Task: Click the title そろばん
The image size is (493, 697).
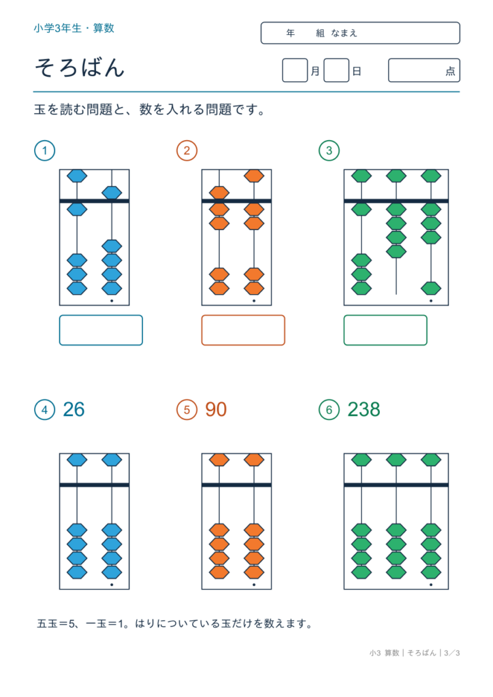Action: coord(80,68)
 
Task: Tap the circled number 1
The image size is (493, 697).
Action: coord(44,150)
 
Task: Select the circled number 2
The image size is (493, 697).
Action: coord(187,150)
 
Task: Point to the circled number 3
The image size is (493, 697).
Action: coord(329,150)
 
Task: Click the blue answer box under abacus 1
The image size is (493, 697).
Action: coord(101,330)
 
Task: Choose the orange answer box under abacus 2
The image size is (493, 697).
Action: coord(243,330)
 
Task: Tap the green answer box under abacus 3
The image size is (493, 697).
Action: coord(385,330)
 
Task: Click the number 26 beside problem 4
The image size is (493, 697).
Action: coord(74,409)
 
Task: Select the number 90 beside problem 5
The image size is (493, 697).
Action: coord(216,409)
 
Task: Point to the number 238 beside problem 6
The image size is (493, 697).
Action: coord(364,409)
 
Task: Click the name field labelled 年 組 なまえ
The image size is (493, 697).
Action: coord(360,33)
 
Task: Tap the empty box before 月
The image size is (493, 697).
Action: coord(295,70)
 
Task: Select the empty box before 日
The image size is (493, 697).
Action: coord(336,70)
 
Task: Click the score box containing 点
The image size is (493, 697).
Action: coord(424,70)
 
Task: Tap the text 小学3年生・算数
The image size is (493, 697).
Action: coord(74,29)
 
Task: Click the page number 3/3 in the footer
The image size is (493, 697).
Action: coord(451,653)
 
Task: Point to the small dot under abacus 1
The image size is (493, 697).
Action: coord(112,301)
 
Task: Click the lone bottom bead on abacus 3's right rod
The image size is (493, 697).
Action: coord(431,289)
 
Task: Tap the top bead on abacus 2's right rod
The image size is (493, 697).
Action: coord(254,176)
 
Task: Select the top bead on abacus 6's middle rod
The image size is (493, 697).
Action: coord(396,460)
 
